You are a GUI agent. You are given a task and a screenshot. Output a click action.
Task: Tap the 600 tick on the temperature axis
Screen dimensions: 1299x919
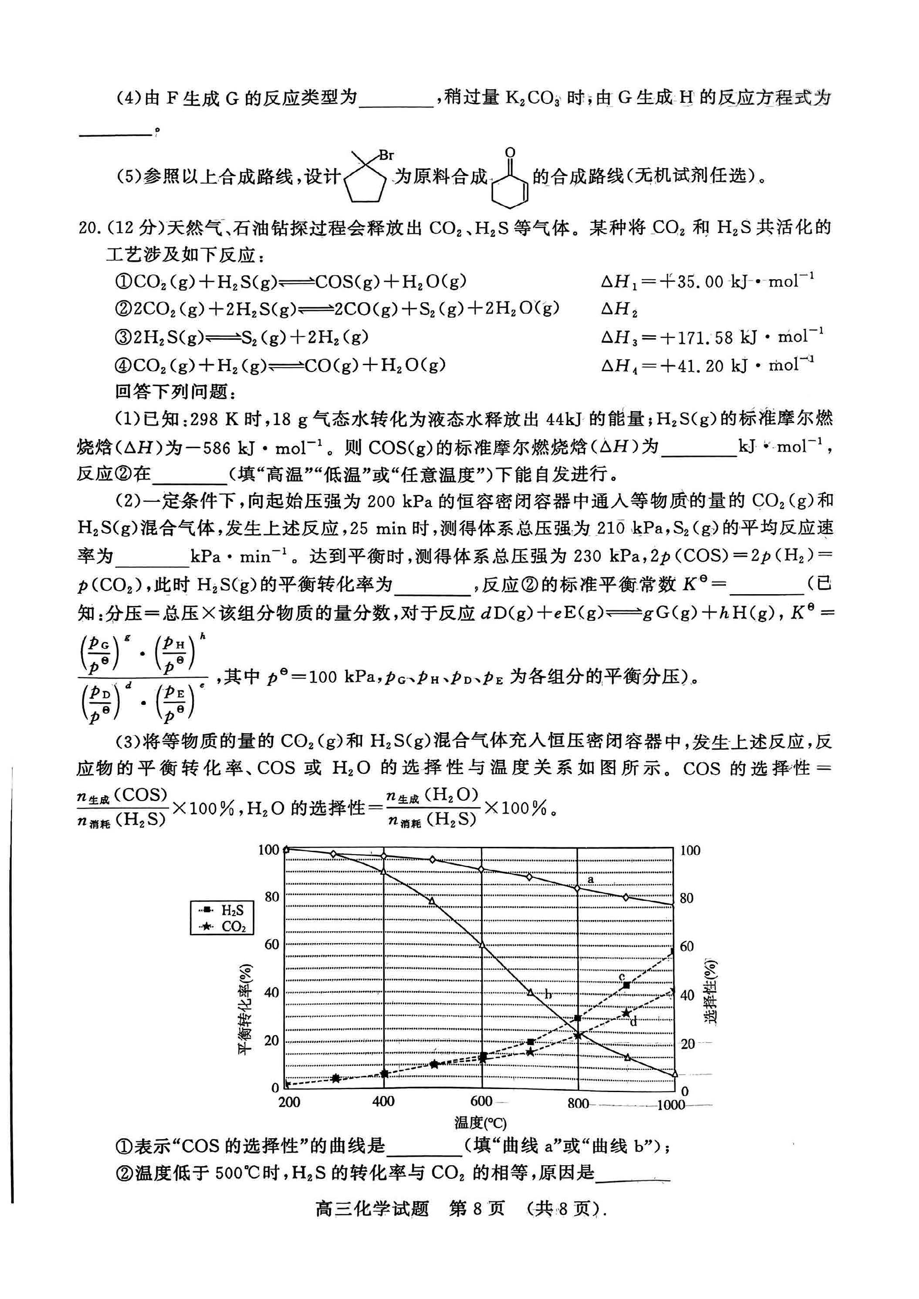pyautogui.click(x=481, y=1100)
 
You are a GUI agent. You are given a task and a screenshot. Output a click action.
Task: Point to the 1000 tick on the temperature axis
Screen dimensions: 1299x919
pyautogui.click(x=671, y=1104)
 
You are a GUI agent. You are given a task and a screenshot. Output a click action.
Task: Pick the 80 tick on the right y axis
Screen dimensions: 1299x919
pyautogui.click(x=686, y=898)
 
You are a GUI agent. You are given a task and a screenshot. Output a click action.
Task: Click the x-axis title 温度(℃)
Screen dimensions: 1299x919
pyautogui.click(x=480, y=1123)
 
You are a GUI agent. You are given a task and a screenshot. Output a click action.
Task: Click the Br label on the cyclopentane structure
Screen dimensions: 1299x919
pyautogui.click(x=386, y=155)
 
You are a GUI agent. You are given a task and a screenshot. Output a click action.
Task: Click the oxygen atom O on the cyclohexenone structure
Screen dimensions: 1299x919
pyautogui.click(x=510, y=153)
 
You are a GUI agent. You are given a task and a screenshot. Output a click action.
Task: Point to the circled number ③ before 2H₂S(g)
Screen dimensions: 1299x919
pyautogui.click(x=123, y=338)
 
